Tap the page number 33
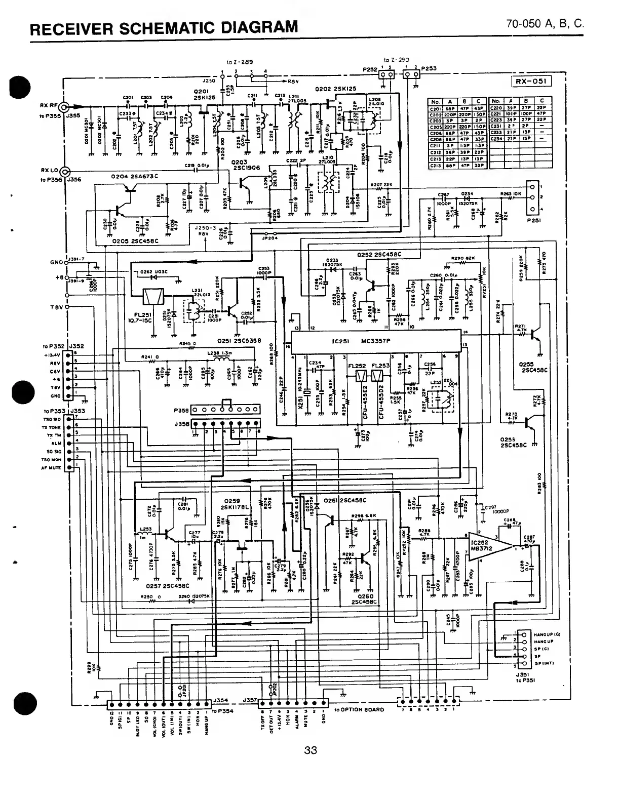(x=310, y=750)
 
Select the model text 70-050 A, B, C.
(x=544, y=23)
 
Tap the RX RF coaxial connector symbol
(x=64, y=107)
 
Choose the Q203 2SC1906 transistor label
(x=246, y=165)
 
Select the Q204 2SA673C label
(x=134, y=176)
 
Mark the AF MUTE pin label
(x=51, y=468)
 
